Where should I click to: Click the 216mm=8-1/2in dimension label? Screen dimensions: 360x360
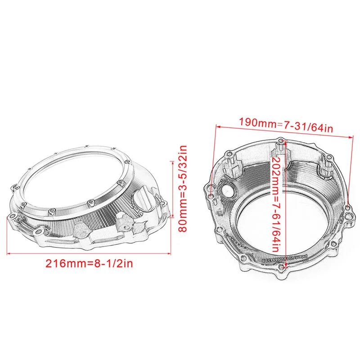[90, 263]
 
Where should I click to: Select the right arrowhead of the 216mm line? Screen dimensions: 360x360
[172, 255]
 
